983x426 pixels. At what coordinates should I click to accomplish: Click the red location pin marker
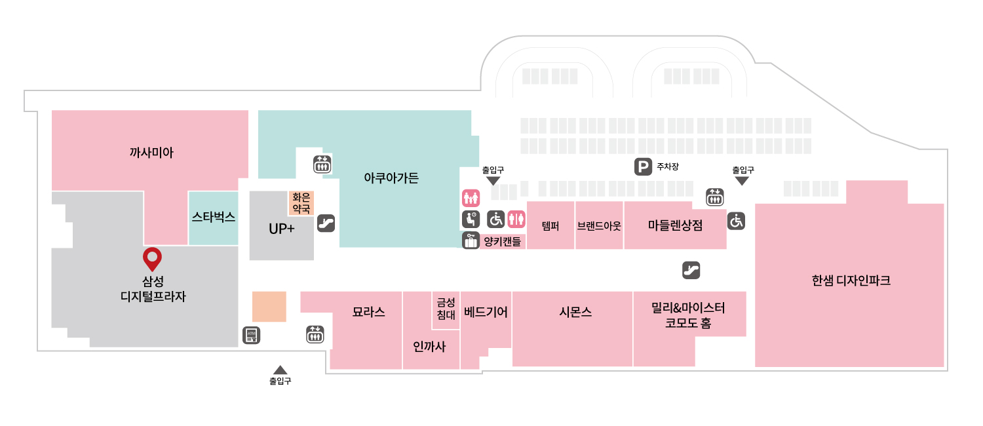click(152, 259)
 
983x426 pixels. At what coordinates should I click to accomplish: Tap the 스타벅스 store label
click(214, 217)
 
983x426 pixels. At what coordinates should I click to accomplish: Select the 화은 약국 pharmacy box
click(301, 203)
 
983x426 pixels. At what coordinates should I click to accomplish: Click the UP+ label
click(281, 229)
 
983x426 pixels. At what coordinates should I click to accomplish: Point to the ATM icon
click(252, 336)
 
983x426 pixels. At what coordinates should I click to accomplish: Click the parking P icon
click(643, 166)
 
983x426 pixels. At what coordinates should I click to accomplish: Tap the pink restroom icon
click(516, 219)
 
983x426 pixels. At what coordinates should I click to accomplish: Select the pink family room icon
click(471, 199)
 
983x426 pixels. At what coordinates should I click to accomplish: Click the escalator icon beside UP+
click(326, 223)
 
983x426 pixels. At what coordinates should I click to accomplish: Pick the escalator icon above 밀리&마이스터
click(691, 270)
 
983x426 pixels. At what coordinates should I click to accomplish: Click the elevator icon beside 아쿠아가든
click(322, 165)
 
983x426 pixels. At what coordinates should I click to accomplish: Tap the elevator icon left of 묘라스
click(315, 334)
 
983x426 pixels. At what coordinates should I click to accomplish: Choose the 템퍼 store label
click(550, 226)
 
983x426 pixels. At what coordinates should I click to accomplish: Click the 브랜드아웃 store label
click(599, 226)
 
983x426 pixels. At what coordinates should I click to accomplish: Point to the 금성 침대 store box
click(446, 310)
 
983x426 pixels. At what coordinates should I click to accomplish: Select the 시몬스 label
click(576, 312)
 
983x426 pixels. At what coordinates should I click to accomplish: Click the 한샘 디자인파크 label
click(851, 281)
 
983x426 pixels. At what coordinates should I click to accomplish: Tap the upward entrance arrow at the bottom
click(280, 370)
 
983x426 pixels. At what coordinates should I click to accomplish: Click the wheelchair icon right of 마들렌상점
click(737, 221)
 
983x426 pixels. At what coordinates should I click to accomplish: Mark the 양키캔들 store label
click(502, 241)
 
